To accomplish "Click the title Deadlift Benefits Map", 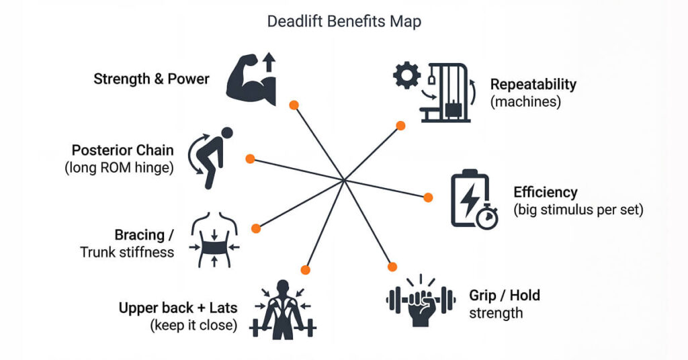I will coord(344,21).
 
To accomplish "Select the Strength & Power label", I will coord(151,79).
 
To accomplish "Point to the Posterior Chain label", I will coord(122,150).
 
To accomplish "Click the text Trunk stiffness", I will coord(127,253).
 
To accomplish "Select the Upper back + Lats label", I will coord(177,308).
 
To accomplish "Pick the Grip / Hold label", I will coord(504,296).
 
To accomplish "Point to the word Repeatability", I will coord(533,85).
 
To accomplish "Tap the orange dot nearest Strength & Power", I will coord(294,105).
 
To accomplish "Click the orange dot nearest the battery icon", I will coord(428,197).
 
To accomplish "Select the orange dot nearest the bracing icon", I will coord(255,228).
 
